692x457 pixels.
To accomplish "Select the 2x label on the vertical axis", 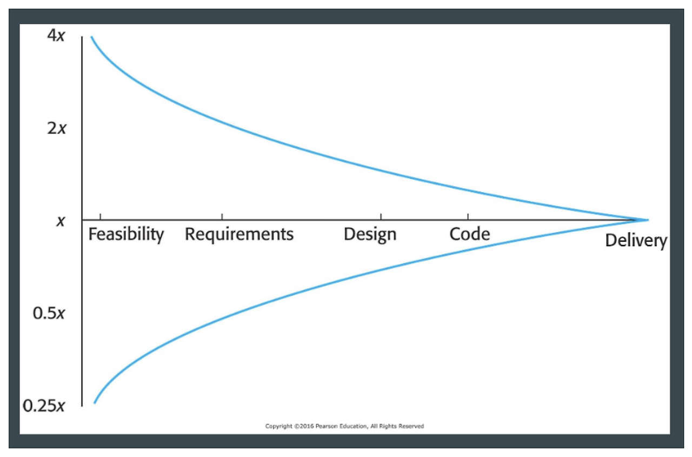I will [56, 129].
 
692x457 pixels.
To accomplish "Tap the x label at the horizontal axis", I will [61, 221].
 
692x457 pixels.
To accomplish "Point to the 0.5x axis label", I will [49, 313].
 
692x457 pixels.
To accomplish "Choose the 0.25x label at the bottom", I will [44, 405].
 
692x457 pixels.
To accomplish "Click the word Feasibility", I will [126, 235].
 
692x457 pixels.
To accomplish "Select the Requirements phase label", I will [239, 235].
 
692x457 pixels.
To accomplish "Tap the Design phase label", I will [370, 235].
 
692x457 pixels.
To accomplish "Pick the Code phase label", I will [469, 234].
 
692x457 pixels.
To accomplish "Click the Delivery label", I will [636, 241].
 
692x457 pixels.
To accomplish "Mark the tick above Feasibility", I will [101, 216].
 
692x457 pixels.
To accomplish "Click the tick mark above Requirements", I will [222, 216].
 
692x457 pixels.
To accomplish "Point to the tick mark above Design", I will [381, 216].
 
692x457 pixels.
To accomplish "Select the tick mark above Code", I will [468, 216].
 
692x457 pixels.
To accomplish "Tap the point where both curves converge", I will [647, 220].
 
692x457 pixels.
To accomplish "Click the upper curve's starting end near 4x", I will [91, 37].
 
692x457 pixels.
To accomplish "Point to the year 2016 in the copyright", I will [302, 426].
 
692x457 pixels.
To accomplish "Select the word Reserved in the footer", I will [411, 426].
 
